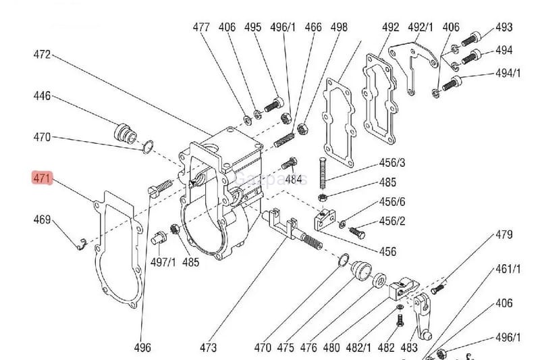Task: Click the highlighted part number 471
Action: (x=42, y=179)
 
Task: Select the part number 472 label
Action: (x=42, y=55)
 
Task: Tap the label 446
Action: (x=42, y=97)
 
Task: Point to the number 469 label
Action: (x=42, y=220)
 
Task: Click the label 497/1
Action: (x=163, y=262)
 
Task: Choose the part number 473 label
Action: (x=209, y=348)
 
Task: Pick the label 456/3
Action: (x=392, y=163)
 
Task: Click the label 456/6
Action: (x=392, y=202)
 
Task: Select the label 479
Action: (x=504, y=235)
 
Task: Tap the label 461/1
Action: (x=508, y=269)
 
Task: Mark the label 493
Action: (x=504, y=28)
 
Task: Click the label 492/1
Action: (x=421, y=28)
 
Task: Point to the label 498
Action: (x=339, y=28)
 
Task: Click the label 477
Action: (x=201, y=28)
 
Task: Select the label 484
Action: (x=293, y=180)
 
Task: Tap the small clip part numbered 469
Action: (x=80, y=242)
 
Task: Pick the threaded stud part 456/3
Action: (x=322, y=173)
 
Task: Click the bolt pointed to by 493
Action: (x=475, y=38)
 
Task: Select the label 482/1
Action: (x=359, y=348)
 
